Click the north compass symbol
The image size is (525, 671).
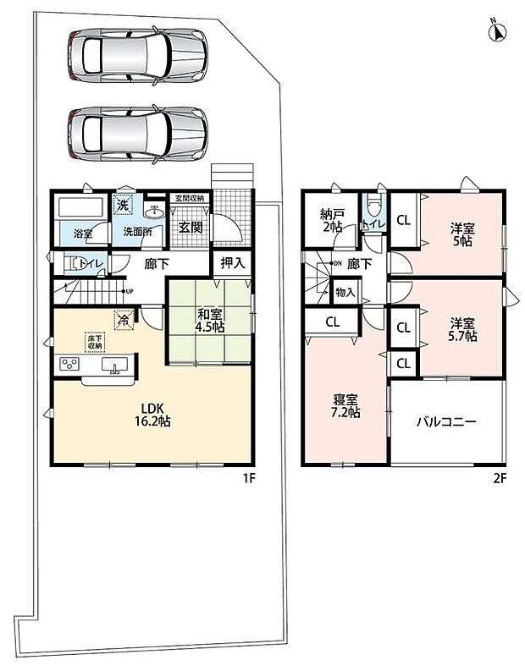click(497, 30)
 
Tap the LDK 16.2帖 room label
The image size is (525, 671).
click(152, 415)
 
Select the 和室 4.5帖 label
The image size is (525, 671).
click(210, 321)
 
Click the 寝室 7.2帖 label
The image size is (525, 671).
click(346, 406)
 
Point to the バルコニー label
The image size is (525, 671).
click(446, 422)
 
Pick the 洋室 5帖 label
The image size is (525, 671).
click(462, 234)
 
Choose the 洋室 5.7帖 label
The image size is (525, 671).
click(462, 329)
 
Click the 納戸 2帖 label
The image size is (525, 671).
click(332, 220)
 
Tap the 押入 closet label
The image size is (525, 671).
click(233, 263)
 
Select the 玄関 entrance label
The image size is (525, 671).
click(191, 228)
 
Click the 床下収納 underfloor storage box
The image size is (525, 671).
click(95, 343)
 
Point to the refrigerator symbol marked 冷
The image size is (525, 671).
click(124, 321)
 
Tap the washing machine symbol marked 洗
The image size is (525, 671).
click(123, 205)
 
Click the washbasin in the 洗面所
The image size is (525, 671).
click(154, 211)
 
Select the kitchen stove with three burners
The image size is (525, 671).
click(69, 364)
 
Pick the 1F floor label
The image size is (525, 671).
click(250, 478)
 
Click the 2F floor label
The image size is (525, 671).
click(500, 478)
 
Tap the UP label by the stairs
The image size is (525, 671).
click(129, 291)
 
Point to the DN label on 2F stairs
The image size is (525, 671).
click(337, 263)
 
